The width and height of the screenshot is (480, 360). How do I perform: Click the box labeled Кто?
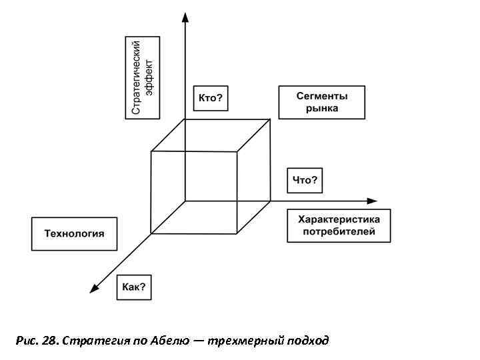click(211, 99)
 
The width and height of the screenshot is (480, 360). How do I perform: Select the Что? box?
click(305, 180)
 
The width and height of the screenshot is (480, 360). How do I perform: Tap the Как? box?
click(134, 288)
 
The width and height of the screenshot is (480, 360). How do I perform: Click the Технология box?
click(74, 233)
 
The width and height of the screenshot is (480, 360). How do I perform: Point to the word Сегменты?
click(322, 96)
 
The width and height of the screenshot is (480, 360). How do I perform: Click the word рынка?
click(322, 108)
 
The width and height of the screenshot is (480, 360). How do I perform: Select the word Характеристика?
click(339, 219)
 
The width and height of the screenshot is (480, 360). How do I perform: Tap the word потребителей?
click(339, 232)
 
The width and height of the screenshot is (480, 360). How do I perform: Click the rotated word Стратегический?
click(136, 77)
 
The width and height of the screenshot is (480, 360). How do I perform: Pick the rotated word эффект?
click(149, 77)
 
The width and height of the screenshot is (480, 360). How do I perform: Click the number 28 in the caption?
click(48, 341)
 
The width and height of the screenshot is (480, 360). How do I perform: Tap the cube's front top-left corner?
click(151, 151)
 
